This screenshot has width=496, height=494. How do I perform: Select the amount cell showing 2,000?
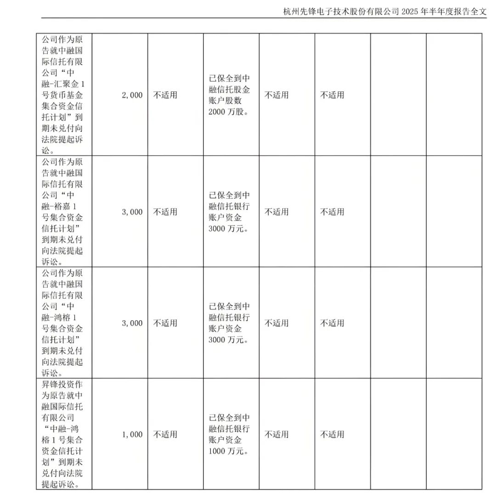coord(132,95)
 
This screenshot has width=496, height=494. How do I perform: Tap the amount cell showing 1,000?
coord(132,434)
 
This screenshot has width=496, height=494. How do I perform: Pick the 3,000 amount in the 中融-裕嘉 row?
coord(132,212)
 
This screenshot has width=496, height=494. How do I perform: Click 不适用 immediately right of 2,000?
coord(165,95)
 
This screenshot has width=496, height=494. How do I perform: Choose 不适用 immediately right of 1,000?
coord(165,434)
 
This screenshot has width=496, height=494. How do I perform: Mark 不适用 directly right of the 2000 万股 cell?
coord(276,95)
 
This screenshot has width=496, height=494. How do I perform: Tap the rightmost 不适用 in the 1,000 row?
coord(332,434)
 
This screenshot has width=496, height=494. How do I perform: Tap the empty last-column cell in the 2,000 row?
coord(454,95)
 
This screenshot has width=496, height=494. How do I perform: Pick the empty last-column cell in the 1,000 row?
coord(454,434)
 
